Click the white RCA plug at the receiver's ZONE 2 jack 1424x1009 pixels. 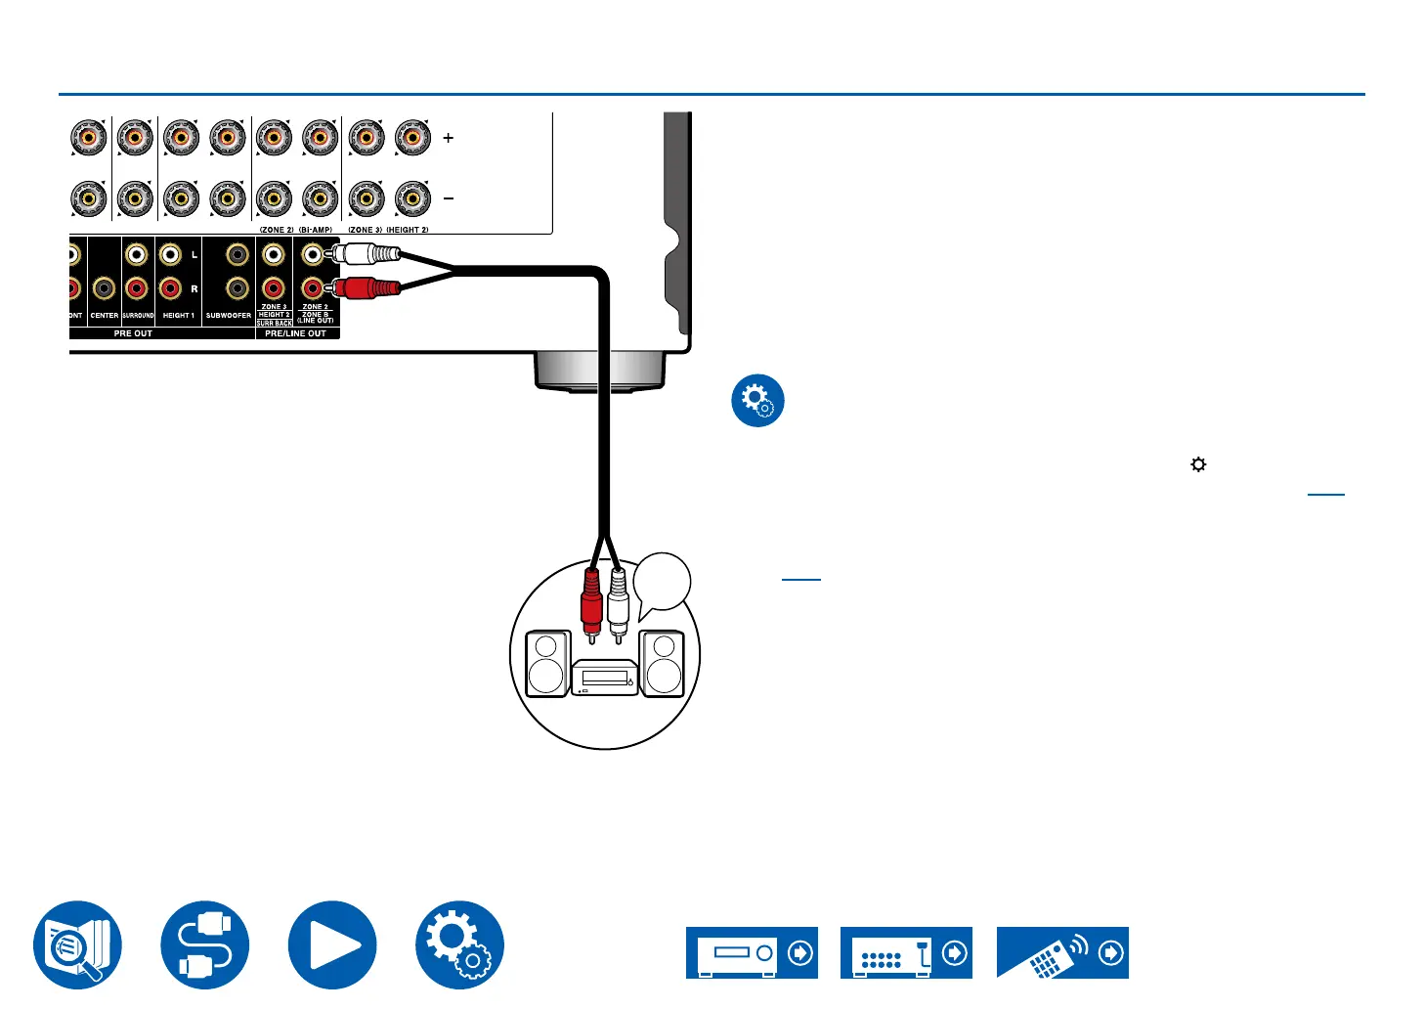(x=367, y=255)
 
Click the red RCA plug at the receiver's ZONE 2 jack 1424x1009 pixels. (x=367, y=288)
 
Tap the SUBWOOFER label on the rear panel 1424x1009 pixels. (x=229, y=316)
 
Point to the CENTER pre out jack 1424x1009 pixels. (x=104, y=288)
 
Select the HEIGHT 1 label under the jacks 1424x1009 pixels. (x=178, y=316)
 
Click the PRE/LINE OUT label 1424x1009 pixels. (x=295, y=333)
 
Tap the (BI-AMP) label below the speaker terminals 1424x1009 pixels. (x=316, y=230)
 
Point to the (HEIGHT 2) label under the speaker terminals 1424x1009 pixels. (x=408, y=230)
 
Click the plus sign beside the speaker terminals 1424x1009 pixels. (x=449, y=138)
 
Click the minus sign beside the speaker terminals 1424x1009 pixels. (x=449, y=198)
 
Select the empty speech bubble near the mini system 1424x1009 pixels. (x=662, y=584)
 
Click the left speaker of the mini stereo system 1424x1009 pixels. (x=546, y=664)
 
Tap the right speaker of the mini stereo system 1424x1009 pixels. (x=664, y=664)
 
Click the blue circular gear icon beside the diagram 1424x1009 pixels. (x=757, y=401)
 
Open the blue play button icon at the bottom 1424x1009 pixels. (x=332, y=945)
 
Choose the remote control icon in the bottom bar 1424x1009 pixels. (x=1062, y=953)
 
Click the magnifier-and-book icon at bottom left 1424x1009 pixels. (x=78, y=945)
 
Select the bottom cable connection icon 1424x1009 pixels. (x=205, y=945)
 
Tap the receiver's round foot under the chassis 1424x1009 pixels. (x=599, y=373)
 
